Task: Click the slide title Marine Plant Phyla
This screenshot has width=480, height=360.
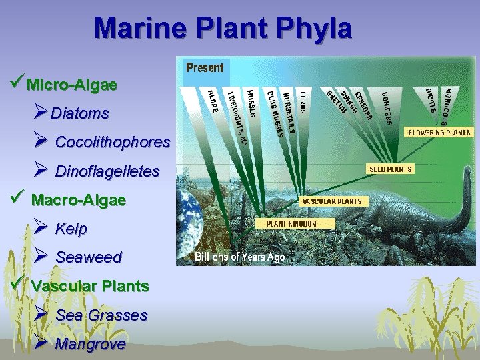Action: coord(223,29)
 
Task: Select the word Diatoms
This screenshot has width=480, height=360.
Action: coord(79,114)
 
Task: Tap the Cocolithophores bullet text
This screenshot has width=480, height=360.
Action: coord(113,143)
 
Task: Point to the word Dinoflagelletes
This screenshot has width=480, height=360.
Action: coord(107,172)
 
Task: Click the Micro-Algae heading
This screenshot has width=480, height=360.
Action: coord(72,85)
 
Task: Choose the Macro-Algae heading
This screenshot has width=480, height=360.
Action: coord(78,200)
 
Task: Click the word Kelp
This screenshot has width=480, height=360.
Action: coord(71,229)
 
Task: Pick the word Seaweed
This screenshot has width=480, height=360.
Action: coord(89,257)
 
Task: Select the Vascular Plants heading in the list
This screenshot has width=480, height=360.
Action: coord(90,286)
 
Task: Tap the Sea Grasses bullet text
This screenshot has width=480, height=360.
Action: coord(101,315)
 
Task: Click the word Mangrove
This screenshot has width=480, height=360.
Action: coord(90,345)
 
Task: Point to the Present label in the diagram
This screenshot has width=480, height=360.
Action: coord(205,67)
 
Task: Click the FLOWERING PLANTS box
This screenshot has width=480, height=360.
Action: coord(439,133)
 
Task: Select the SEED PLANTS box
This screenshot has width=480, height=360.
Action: coord(391,169)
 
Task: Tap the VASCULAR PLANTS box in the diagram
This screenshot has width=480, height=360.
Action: coord(333,201)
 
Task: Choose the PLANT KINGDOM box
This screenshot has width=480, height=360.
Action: coord(291,224)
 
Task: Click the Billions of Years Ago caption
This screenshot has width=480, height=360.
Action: coord(239,257)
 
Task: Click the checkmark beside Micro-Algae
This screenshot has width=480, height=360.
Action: coord(17,84)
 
